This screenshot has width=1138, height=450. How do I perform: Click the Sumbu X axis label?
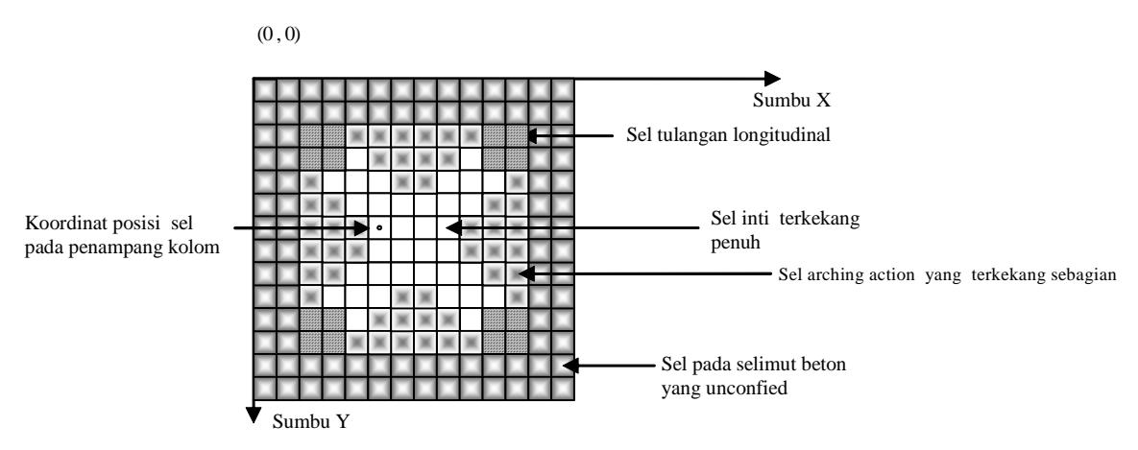[791, 101]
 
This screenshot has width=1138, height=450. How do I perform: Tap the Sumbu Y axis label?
[309, 422]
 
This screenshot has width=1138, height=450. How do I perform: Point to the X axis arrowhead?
[771, 79]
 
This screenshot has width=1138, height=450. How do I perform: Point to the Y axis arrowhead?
[253, 414]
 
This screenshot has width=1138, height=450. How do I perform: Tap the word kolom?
[199, 248]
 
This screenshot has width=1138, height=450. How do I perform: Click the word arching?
[825, 275]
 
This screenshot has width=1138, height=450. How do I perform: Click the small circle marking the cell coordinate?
[378, 228]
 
